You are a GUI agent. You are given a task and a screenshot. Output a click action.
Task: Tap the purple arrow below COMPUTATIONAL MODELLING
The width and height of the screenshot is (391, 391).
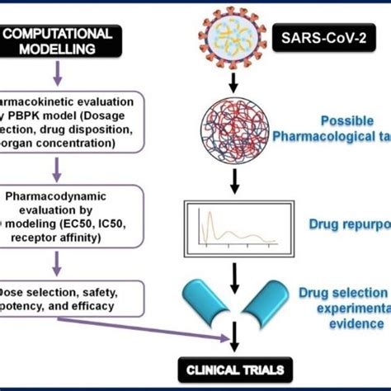(55, 76)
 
